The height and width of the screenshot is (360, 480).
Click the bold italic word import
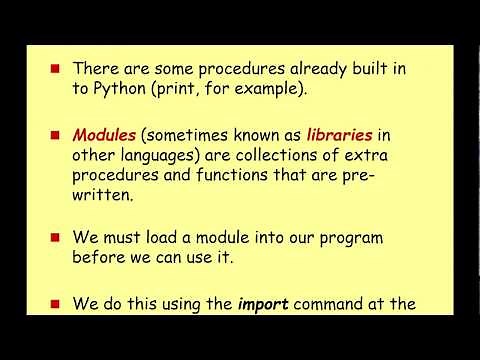tap(262, 303)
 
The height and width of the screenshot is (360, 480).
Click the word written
tap(103, 197)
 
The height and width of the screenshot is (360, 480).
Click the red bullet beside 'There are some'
tap(56, 68)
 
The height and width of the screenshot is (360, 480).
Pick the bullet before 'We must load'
tap(56, 240)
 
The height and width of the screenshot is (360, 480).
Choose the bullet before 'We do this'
tap(56, 304)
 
